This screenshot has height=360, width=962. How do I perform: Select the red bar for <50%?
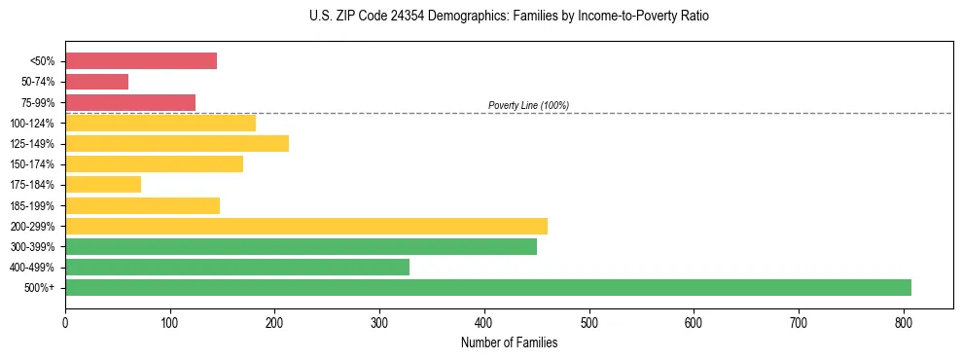(x=141, y=61)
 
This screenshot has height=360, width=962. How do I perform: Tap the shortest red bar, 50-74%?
(x=96, y=82)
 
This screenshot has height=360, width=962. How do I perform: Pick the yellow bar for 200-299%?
(x=305, y=226)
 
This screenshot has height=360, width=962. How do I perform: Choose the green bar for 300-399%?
(x=301, y=246)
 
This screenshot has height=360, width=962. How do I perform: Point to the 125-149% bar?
(x=177, y=144)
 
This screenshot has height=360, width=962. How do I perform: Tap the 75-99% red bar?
(x=130, y=102)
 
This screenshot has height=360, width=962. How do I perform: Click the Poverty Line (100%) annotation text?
(x=528, y=105)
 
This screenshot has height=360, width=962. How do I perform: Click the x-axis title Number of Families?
(x=509, y=342)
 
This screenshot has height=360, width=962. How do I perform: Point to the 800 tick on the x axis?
(x=904, y=320)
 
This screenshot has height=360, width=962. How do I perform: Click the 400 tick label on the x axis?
(x=484, y=320)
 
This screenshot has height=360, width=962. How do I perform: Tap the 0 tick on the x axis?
(x=65, y=320)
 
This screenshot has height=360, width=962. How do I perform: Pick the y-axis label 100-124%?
(x=32, y=124)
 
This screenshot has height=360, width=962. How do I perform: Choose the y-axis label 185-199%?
(x=32, y=205)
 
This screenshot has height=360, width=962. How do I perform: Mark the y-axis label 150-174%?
(x=32, y=164)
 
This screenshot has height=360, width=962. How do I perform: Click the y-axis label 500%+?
(x=40, y=288)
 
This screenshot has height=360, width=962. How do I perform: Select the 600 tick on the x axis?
(x=694, y=320)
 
